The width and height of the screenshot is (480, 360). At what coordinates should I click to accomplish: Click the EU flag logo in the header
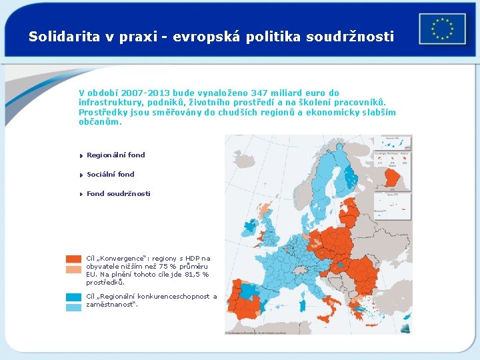click(x=443, y=29)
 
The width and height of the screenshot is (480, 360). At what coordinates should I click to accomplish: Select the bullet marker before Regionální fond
click(x=80, y=155)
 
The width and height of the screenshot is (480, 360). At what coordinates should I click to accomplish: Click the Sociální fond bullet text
click(x=111, y=174)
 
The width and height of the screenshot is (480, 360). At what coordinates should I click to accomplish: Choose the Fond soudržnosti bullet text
click(x=118, y=193)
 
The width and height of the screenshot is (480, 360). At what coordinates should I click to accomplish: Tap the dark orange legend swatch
click(x=73, y=259)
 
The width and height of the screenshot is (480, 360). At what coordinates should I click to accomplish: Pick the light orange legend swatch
click(x=73, y=269)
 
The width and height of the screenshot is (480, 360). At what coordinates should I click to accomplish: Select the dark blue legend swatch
click(x=73, y=297)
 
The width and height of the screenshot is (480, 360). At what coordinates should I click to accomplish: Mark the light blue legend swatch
click(x=73, y=307)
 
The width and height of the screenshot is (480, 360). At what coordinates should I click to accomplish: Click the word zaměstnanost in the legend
click(x=110, y=304)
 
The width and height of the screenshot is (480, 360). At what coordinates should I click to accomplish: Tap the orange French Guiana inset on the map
click(x=397, y=178)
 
